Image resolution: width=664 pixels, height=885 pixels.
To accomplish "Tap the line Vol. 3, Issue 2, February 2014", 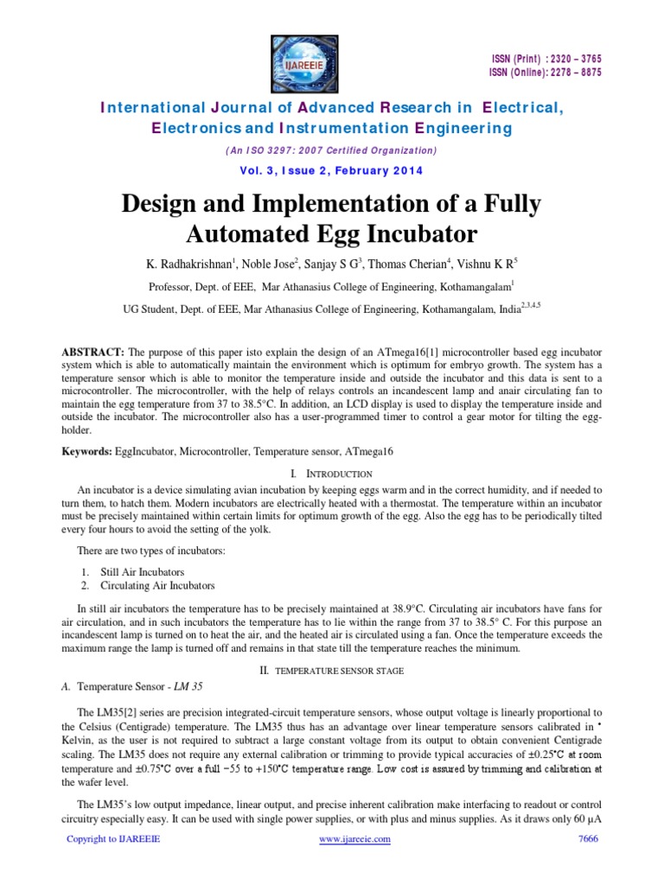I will (332, 170).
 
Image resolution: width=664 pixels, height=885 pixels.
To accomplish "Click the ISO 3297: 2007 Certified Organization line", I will (332, 150).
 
